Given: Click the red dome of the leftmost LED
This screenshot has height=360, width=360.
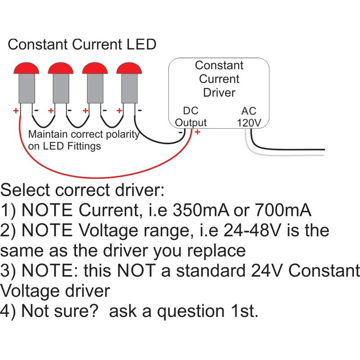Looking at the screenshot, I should [x=27, y=68].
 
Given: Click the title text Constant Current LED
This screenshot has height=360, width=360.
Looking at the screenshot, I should [x=82, y=45].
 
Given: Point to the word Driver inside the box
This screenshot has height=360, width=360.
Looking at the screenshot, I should [x=219, y=93].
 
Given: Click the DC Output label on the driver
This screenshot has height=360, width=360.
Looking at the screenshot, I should [x=190, y=117].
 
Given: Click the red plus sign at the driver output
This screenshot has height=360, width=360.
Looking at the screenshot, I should [x=197, y=132].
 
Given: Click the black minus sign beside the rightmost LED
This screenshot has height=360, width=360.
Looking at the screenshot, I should [x=140, y=110].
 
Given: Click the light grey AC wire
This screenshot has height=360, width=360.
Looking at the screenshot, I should [x=288, y=155].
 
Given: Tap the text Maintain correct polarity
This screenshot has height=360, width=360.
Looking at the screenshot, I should [x=84, y=135].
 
